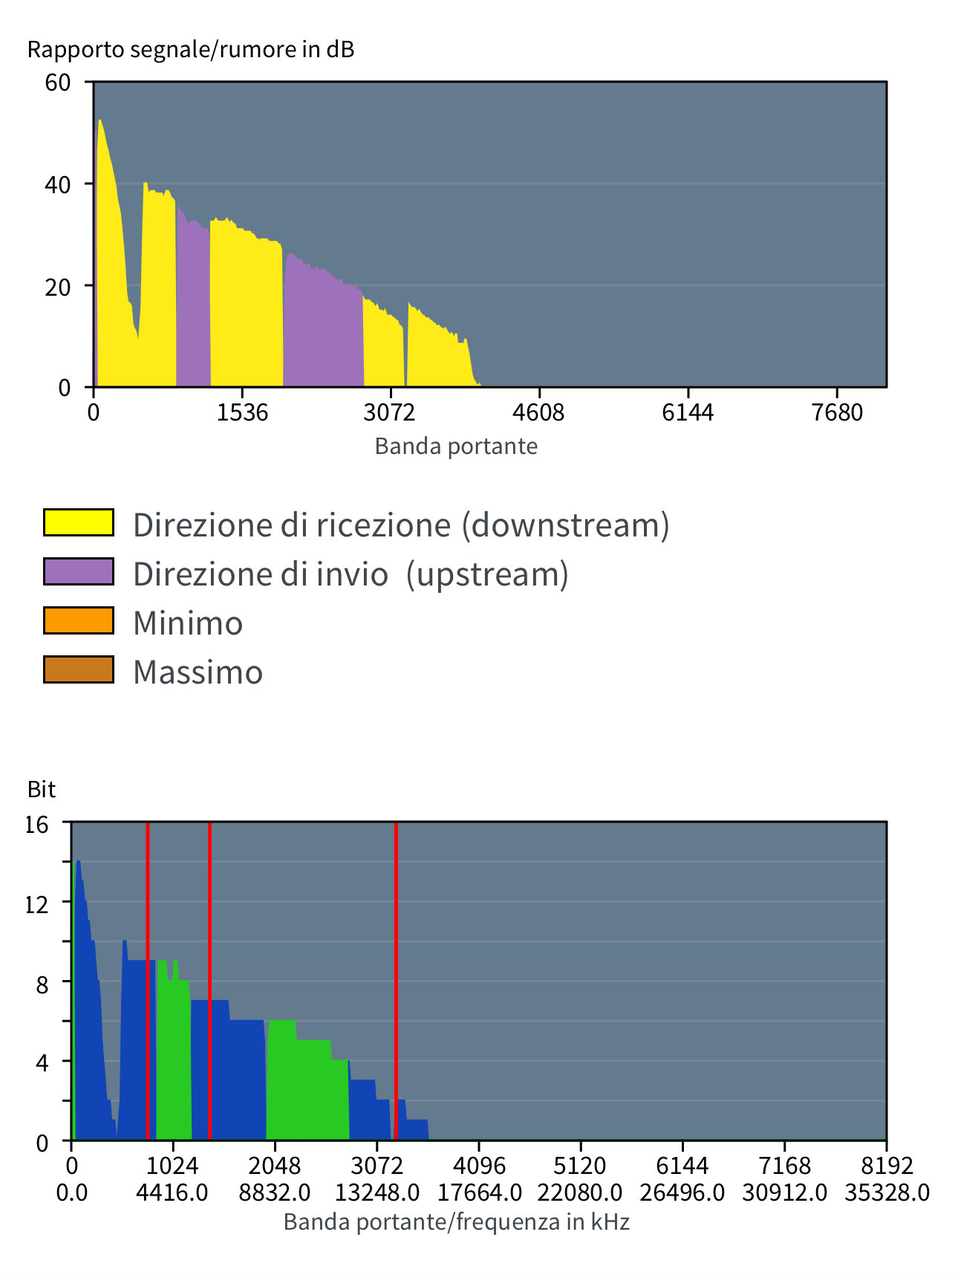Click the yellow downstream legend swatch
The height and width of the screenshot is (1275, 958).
(79, 522)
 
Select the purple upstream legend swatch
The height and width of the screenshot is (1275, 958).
(79, 571)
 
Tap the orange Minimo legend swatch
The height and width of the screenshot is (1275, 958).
(79, 620)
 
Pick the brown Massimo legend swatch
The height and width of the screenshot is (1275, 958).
(79, 669)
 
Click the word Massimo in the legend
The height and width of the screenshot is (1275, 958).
(198, 672)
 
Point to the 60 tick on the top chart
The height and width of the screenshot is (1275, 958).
(58, 82)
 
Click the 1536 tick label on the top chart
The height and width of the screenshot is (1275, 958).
(242, 412)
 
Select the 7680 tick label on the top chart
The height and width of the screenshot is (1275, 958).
(837, 412)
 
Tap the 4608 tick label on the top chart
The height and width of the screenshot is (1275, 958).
(538, 412)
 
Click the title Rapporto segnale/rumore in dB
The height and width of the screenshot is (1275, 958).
(191, 50)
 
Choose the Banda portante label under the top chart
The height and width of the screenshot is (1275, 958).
(456, 447)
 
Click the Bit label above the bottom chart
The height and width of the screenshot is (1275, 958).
(42, 789)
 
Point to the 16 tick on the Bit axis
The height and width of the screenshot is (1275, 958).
(37, 824)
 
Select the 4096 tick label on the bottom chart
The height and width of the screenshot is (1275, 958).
(479, 1165)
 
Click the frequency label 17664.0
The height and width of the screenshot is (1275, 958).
(479, 1193)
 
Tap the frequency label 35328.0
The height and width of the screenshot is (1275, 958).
(887, 1193)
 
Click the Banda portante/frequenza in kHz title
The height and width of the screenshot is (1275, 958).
(456, 1222)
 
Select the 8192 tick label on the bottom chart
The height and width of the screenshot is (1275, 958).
(887, 1165)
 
